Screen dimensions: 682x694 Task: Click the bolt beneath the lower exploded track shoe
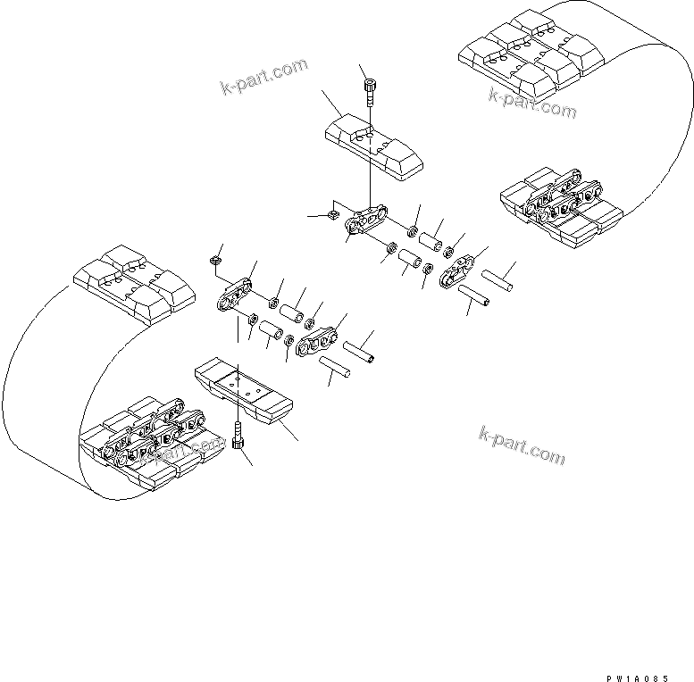pyautogui.click(x=238, y=439)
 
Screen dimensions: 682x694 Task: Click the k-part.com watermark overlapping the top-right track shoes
pyautogui.click(x=531, y=103)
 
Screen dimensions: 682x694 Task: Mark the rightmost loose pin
pyautogui.click(x=499, y=277)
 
